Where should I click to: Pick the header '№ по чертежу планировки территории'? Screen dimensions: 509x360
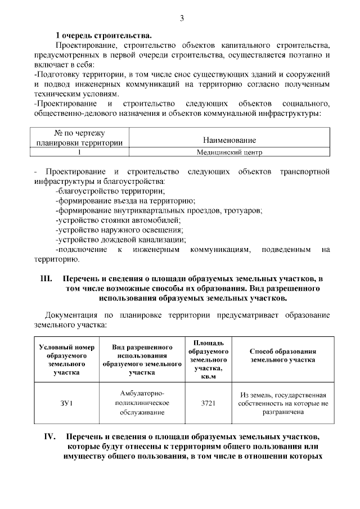pyautogui.click(x=79, y=138)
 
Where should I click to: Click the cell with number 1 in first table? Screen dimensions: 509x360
pyautogui.click(x=79, y=152)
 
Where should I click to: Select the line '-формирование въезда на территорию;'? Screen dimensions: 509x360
pyautogui.click(x=125, y=201)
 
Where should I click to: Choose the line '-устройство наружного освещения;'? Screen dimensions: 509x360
pyautogui.click(x=119, y=230)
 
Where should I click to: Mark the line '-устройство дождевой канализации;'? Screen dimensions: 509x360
pyautogui.click(x=121, y=240)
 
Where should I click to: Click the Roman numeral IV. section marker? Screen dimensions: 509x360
pyautogui.click(x=52, y=436)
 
